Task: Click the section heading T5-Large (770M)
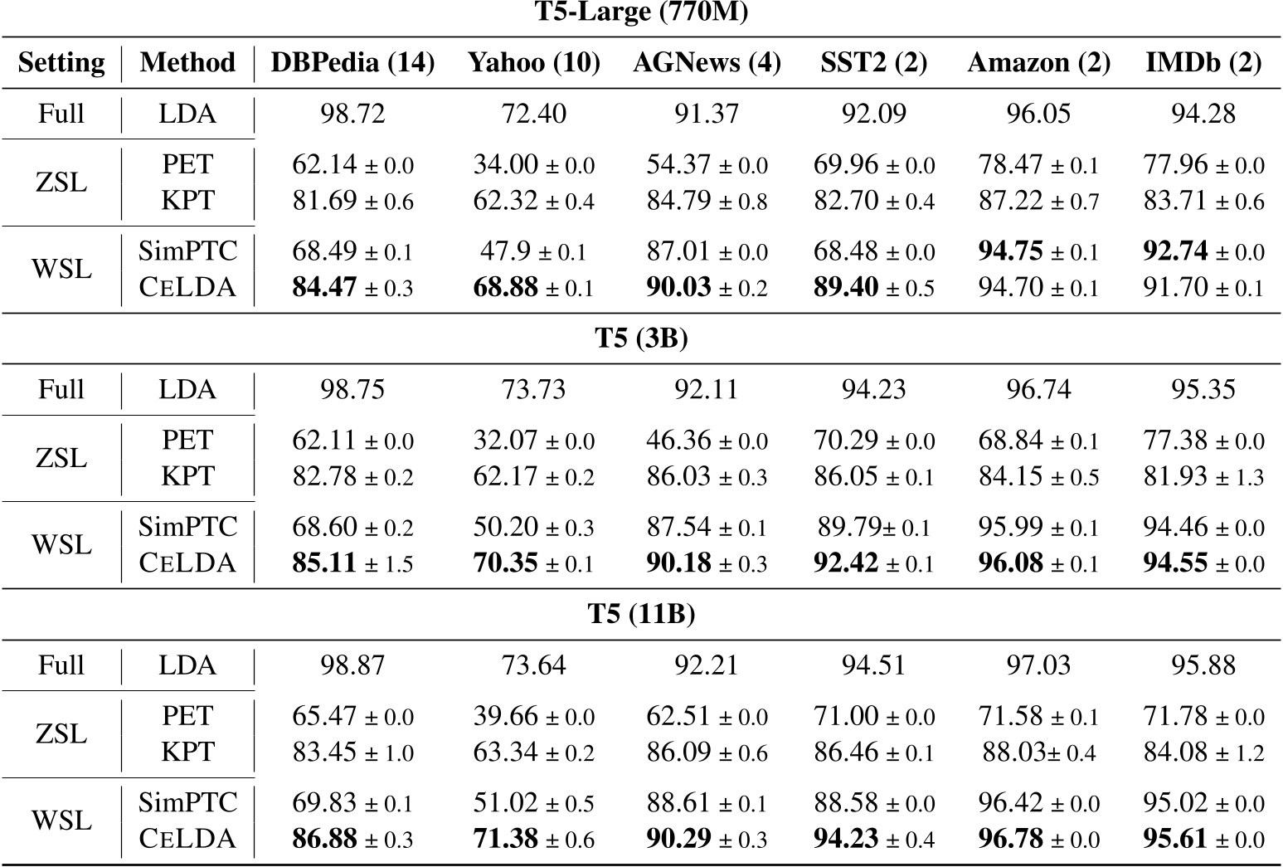641,14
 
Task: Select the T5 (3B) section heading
641,339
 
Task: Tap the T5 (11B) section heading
641,614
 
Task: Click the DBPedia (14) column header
352,62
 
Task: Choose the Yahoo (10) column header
533,62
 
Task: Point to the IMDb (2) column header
1203,62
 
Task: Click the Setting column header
61,62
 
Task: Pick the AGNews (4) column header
707,62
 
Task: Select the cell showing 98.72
352,114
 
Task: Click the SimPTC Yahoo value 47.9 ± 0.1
533,251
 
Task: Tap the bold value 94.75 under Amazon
1038,251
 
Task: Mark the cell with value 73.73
533,390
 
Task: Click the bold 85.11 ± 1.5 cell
352,563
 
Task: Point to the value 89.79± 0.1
872,527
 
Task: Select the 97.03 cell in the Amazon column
1038,665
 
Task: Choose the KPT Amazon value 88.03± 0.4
1038,753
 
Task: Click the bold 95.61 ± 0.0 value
1203,839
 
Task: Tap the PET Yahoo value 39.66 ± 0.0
533,716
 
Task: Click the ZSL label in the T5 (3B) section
61,458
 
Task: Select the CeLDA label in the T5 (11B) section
187,839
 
